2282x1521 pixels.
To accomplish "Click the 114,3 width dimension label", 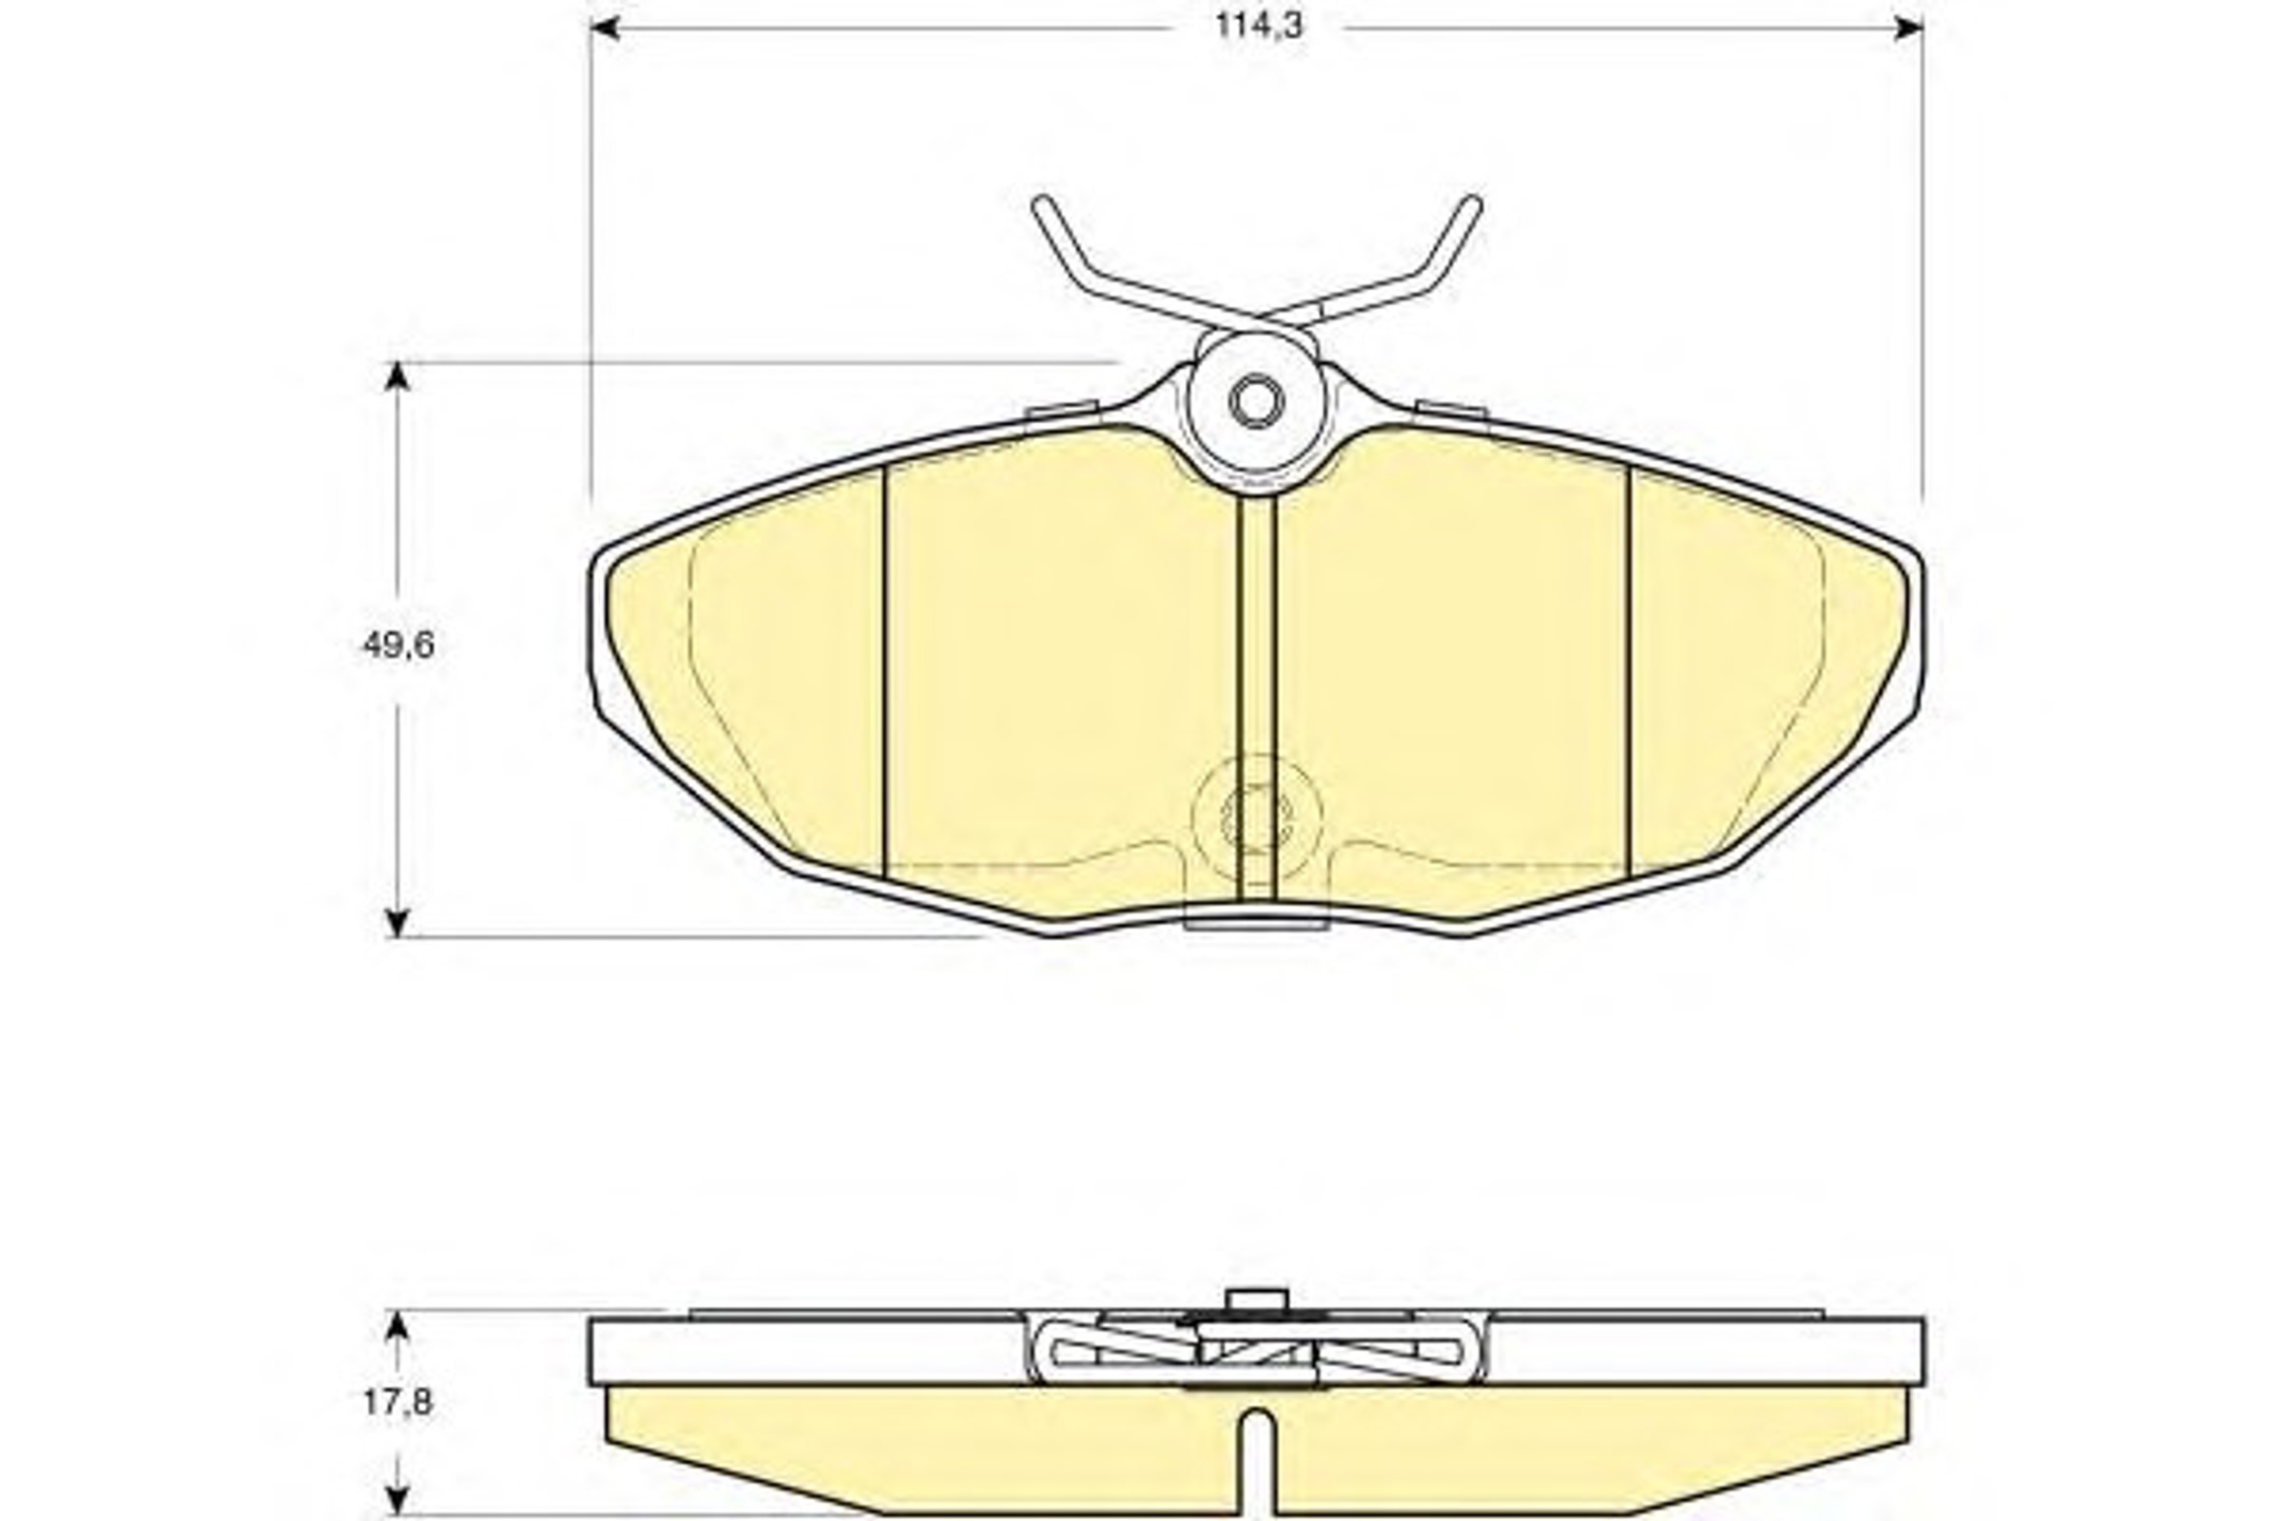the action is (x=1259, y=27).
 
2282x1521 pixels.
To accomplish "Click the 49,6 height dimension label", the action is (x=398, y=645).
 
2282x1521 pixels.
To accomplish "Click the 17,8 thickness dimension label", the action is (x=398, y=1401).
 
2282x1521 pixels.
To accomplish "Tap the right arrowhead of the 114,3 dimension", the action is (x=1908, y=28).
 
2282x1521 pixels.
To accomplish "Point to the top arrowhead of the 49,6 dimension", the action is (x=396, y=377).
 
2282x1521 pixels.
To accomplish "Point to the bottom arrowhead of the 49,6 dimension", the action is (x=396, y=921).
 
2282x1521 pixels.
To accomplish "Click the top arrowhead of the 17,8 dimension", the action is (x=396, y=1326).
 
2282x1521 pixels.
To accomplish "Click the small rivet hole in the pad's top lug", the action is (x=1256, y=400).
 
